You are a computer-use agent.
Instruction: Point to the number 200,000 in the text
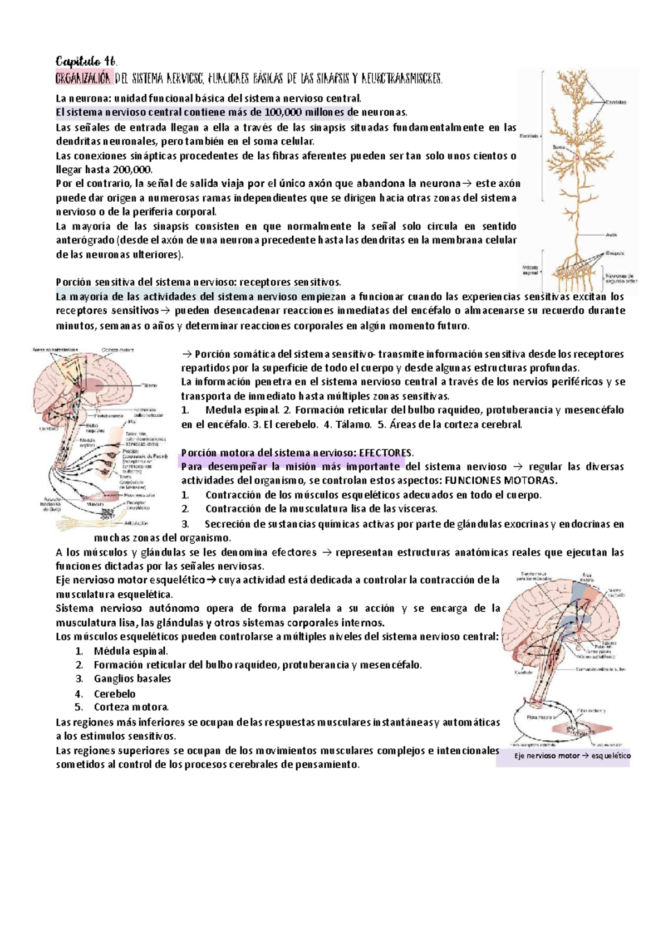(x=131, y=170)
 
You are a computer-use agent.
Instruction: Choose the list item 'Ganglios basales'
(x=132, y=679)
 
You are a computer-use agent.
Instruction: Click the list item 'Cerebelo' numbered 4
(x=114, y=694)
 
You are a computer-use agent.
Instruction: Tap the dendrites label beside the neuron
(x=617, y=103)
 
